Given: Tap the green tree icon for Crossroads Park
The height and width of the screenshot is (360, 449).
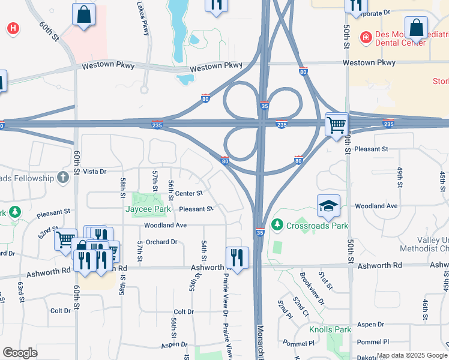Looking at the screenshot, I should [277, 225].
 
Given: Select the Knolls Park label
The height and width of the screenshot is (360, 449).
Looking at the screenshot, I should [330, 330].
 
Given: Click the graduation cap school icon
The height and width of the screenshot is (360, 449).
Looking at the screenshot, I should [328, 206].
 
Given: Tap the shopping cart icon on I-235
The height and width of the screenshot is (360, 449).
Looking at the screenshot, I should [336, 125].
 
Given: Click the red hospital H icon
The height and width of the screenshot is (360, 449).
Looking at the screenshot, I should [12, 28].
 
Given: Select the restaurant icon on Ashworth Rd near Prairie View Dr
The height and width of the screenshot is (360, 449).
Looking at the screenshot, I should [237, 259].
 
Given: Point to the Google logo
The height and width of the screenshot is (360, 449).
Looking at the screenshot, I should [20, 353].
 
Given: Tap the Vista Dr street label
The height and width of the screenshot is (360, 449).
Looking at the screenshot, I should [94, 172].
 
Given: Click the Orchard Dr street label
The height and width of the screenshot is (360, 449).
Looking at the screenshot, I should [161, 242].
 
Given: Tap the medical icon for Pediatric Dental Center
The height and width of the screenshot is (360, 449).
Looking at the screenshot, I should [365, 38].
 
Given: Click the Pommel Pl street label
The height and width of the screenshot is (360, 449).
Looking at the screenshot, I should [373, 342].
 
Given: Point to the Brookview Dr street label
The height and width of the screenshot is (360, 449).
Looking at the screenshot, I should [312, 290].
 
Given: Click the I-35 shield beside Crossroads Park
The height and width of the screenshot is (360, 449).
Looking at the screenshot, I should [260, 232].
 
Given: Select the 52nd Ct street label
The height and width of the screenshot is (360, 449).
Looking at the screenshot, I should [301, 306].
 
